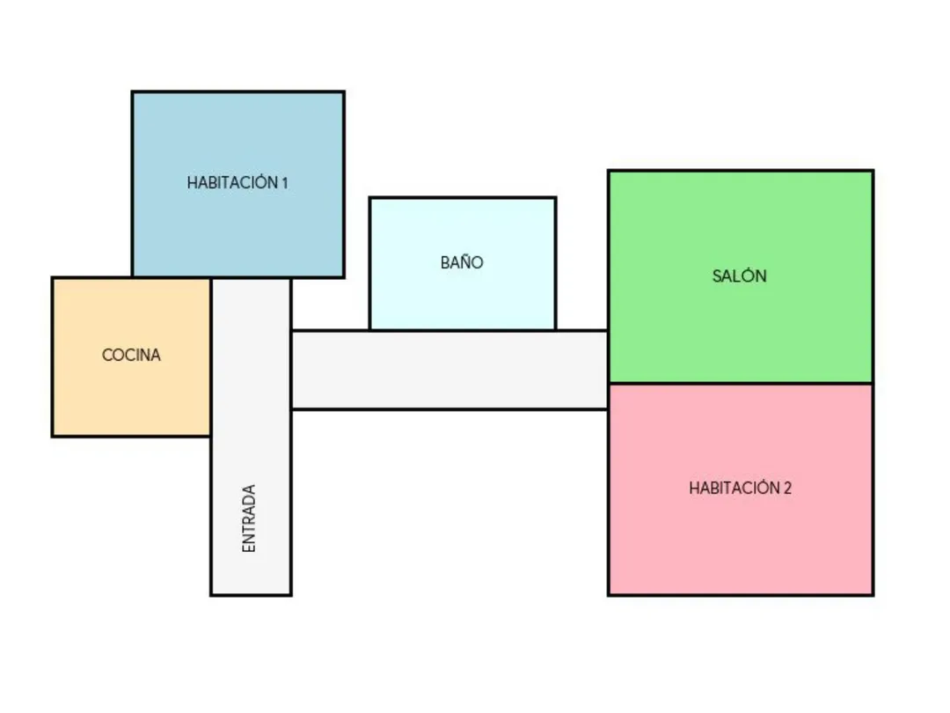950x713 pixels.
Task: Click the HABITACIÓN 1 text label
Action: (x=237, y=183)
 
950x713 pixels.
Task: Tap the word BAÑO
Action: (x=462, y=262)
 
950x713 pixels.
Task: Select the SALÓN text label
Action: (x=739, y=276)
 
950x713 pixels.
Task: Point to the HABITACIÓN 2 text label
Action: (x=740, y=488)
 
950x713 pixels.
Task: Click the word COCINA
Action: (x=131, y=356)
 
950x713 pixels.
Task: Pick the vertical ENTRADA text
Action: (x=249, y=518)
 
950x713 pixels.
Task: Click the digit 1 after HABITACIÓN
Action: (x=284, y=183)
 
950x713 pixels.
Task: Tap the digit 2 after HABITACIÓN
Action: (x=787, y=488)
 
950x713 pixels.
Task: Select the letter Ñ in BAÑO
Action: (x=463, y=261)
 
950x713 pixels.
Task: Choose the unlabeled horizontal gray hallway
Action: (x=449, y=370)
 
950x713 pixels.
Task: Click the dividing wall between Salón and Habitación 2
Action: (x=740, y=383)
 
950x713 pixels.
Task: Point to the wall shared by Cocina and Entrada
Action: (x=211, y=356)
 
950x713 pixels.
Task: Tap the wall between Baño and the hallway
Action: (x=462, y=330)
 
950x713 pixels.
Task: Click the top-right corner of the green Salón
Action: (x=873, y=171)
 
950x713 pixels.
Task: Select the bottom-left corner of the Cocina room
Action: (x=53, y=436)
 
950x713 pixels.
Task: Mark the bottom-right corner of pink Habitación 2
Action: (x=873, y=594)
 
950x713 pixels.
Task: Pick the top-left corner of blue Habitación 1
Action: (x=133, y=92)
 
